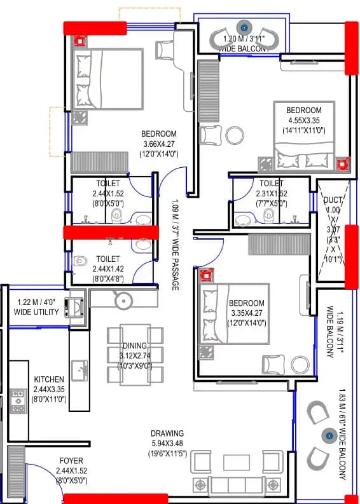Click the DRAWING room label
click(168, 433)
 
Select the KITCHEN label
click(48, 379)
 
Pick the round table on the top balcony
click(244, 28)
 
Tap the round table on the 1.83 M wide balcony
click(329, 435)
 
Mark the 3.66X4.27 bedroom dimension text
click(158, 144)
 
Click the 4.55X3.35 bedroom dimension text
click(303, 120)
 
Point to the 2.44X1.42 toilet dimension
click(107, 269)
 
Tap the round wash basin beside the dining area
click(122, 300)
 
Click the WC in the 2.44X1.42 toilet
click(81, 261)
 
